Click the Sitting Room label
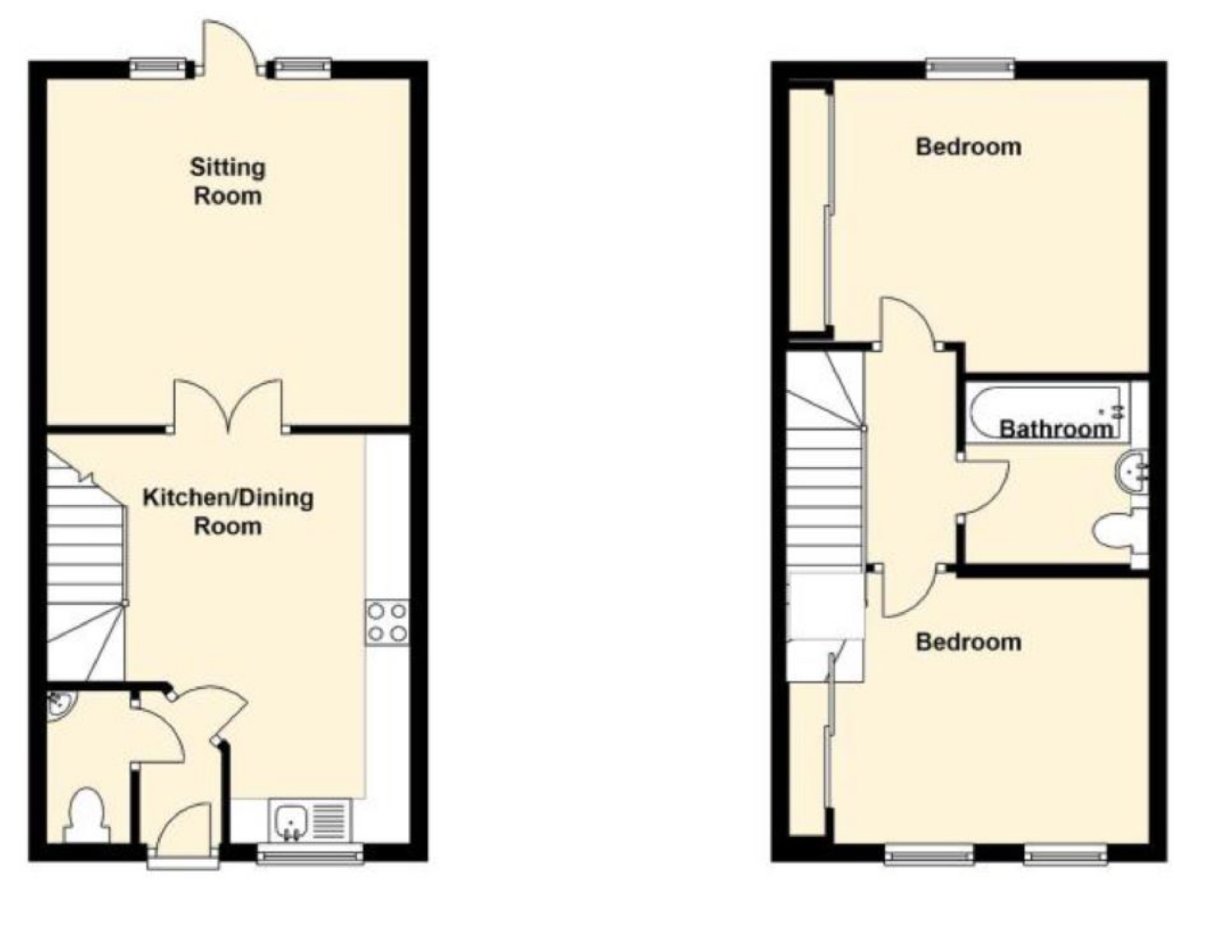coord(227,181)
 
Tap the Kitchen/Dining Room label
coord(227,511)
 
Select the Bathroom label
coord(1056,428)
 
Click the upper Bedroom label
coord(968,147)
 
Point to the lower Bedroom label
coord(968,642)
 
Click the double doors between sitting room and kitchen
coord(228,406)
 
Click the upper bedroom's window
coord(970,67)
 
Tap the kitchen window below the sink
coord(310,854)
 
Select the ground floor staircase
coord(84,565)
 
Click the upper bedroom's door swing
coord(908,322)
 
